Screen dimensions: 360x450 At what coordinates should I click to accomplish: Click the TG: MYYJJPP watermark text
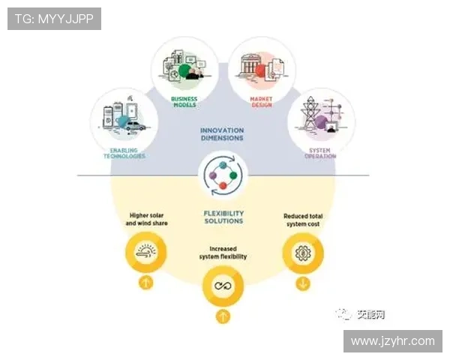(x=54, y=19)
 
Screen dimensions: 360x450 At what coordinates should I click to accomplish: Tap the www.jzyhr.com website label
(x=392, y=341)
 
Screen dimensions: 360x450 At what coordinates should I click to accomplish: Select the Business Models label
(x=185, y=103)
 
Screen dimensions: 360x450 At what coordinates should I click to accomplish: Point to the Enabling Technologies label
(x=122, y=153)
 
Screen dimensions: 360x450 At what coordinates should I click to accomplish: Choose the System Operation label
(x=321, y=153)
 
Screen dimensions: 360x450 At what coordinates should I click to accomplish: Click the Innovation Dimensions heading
(x=222, y=134)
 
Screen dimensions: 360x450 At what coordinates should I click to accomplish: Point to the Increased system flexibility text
(x=222, y=253)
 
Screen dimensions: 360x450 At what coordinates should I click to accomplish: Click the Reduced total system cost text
(x=302, y=220)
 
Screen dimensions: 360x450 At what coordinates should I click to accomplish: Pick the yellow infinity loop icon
(x=223, y=286)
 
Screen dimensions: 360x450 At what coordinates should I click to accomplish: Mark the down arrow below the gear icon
(x=302, y=283)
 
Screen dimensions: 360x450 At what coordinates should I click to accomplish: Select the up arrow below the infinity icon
(x=223, y=316)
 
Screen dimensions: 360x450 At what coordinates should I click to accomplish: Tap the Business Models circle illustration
(x=184, y=66)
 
